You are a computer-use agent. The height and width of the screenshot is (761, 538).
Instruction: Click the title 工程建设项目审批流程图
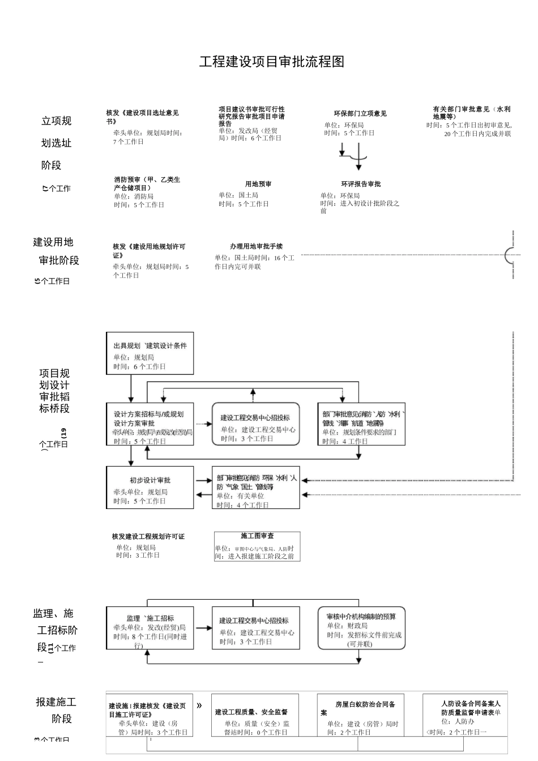(x=272, y=62)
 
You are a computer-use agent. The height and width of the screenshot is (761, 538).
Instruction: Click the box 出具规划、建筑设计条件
(x=150, y=353)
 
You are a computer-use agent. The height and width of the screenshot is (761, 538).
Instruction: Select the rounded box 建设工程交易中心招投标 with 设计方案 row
(x=255, y=424)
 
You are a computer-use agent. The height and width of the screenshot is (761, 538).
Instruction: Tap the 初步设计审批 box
(x=150, y=488)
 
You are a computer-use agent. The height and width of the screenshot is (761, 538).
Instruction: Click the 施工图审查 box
(x=257, y=546)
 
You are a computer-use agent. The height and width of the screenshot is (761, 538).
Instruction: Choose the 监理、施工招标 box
(x=150, y=628)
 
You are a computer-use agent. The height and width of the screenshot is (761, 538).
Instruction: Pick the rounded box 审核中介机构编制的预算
(x=361, y=628)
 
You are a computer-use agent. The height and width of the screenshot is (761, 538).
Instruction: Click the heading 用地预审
(x=258, y=184)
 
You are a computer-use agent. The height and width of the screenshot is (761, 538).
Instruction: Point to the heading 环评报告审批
(x=361, y=184)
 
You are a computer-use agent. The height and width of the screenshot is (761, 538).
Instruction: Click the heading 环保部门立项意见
(x=360, y=114)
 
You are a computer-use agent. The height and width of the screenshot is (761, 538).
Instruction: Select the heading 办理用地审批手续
(x=256, y=246)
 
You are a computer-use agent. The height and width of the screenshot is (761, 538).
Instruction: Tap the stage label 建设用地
(x=53, y=242)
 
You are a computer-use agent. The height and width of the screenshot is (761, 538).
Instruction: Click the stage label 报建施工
(x=56, y=702)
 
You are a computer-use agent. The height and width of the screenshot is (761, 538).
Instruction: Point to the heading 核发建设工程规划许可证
(x=148, y=536)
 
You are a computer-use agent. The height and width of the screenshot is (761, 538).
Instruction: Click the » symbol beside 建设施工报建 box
(x=199, y=706)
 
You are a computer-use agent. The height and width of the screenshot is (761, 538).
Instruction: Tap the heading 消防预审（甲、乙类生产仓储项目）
(x=147, y=183)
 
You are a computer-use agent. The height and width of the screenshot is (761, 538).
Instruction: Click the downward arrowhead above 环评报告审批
(x=358, y=167)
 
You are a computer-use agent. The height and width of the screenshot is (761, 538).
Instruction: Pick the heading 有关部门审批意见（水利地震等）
(x=471, y=113)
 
